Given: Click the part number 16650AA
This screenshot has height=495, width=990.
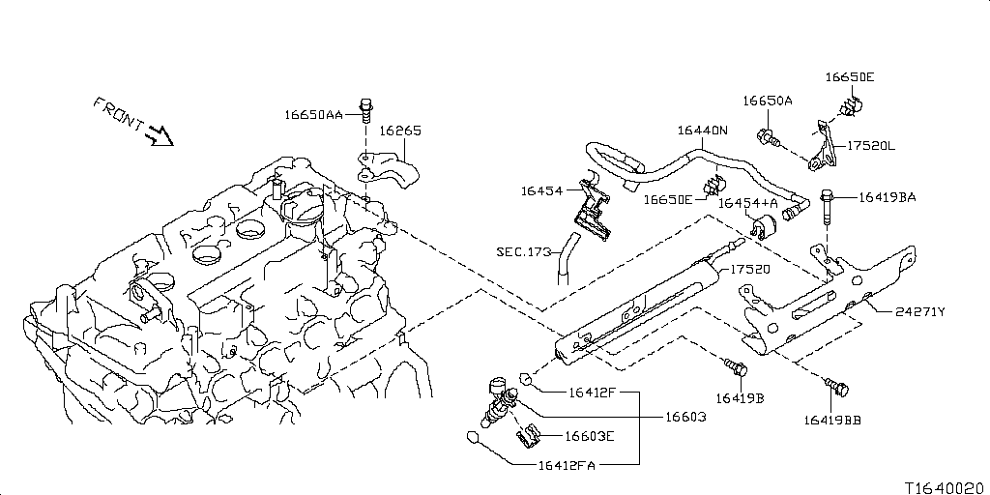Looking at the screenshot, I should tap(313, 114).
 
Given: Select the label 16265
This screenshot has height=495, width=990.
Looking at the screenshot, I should tap(399, 131).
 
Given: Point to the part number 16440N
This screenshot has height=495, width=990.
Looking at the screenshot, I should tap(703, 131).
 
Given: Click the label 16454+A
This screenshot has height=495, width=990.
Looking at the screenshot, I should tap(748, 203).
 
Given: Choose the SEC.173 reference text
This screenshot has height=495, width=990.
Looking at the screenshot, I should tap(523, 251).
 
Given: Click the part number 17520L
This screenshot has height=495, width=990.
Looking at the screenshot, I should tap(871, 146).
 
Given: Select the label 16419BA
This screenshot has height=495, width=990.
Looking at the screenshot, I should tap(886, 198).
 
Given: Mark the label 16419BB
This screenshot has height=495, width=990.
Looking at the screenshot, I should tap(830, 420).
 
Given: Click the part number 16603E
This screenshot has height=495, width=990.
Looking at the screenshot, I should tap(590, 436).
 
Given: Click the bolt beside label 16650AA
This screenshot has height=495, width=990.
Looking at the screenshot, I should tap(366, 108).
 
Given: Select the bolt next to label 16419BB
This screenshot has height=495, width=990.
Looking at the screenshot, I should tap(838, 389).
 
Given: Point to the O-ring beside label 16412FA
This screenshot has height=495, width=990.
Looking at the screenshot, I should tap(474, 436).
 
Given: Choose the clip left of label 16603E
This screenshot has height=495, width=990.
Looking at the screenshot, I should tap(528, 436).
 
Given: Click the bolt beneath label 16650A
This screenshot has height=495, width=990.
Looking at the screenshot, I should tap(770, 137).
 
